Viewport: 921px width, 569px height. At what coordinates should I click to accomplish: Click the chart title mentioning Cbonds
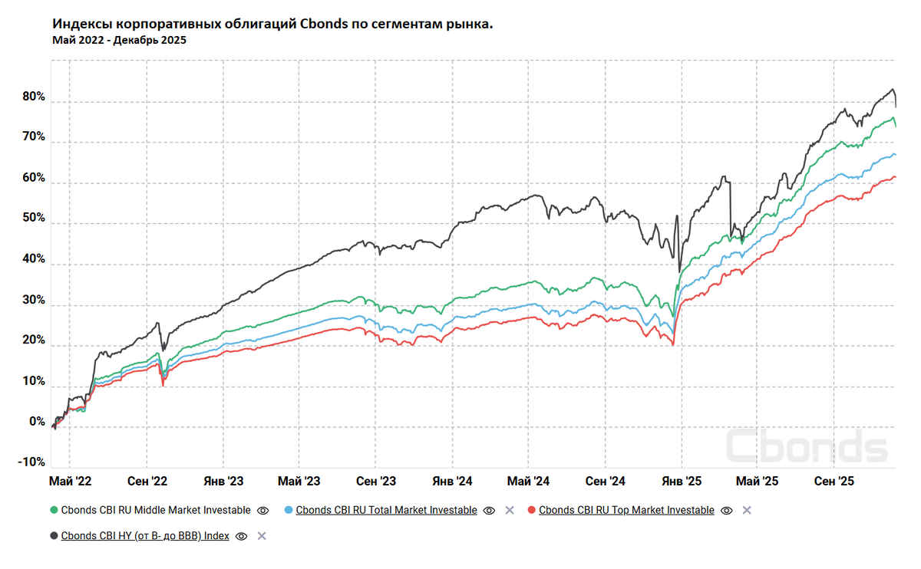pos(272,25)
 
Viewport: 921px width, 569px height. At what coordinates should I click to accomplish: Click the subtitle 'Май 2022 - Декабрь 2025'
pos(119,41)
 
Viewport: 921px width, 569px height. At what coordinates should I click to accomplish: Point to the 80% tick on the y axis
pos(35,98)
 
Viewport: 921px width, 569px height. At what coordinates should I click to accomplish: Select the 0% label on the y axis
pos(37,423)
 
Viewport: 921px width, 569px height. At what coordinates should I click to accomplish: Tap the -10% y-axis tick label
pos(31,462)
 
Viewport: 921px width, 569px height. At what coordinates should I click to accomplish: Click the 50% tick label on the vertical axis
pos(35,219)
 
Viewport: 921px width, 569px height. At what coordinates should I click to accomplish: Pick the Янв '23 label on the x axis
pos(223,482)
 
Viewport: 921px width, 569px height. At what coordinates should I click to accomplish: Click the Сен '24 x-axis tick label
pos(606,482)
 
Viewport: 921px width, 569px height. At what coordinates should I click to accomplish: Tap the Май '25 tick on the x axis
pos(757,482)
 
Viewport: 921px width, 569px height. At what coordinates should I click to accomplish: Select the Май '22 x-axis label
pos(70,482)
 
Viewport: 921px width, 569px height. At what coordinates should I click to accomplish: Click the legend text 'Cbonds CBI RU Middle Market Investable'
pos(156,510)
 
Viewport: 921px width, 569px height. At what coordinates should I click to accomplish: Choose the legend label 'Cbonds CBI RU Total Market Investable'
pos(386,510)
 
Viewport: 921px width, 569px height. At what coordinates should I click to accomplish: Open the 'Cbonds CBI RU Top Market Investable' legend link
pos(626,510)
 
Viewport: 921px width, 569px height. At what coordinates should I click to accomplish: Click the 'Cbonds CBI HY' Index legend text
pos(145,536)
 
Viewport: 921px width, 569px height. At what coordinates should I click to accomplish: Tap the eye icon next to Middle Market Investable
pos(262,510)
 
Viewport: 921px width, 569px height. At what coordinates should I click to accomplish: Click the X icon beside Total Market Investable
pos(509,510)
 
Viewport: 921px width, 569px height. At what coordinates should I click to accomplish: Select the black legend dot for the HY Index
pos(54,536)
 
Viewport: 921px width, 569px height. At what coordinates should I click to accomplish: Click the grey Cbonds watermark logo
pos(806,447)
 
